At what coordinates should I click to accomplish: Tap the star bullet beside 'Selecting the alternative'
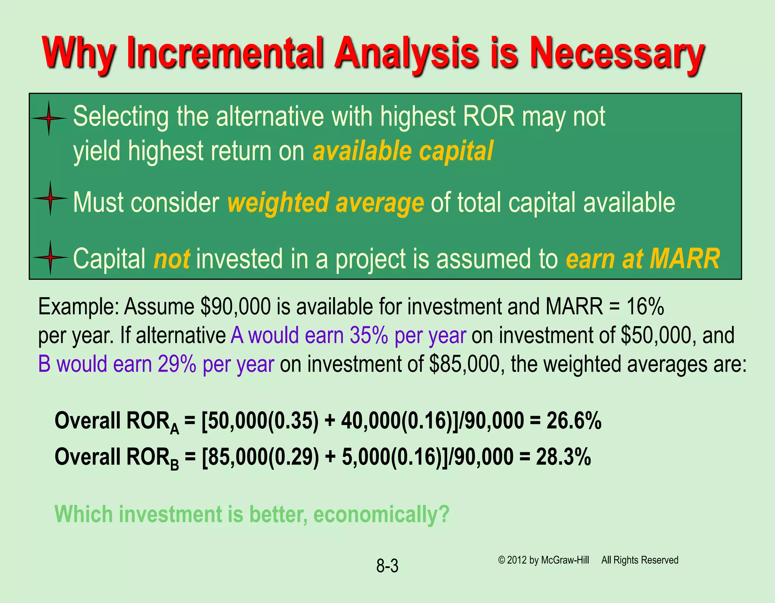[49, 118]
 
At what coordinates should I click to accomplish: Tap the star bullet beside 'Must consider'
[50, 198]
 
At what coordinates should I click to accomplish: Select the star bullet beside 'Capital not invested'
[50, 257]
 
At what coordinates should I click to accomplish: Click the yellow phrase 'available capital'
[403, 151]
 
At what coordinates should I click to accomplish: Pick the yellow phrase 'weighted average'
[325, 202]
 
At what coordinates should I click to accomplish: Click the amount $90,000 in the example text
[235, 306]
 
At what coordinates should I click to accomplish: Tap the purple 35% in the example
[369, 335]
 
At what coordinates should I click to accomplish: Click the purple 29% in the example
[177, 364]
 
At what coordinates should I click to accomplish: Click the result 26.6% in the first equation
[574, 421]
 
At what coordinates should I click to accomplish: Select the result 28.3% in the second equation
[563, 457]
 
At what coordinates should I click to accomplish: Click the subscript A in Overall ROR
[174, 429]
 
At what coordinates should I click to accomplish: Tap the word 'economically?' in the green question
[381, 514]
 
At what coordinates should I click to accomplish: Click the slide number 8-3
[387, 566]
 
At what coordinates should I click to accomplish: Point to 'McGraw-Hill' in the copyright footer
[565, 560]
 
